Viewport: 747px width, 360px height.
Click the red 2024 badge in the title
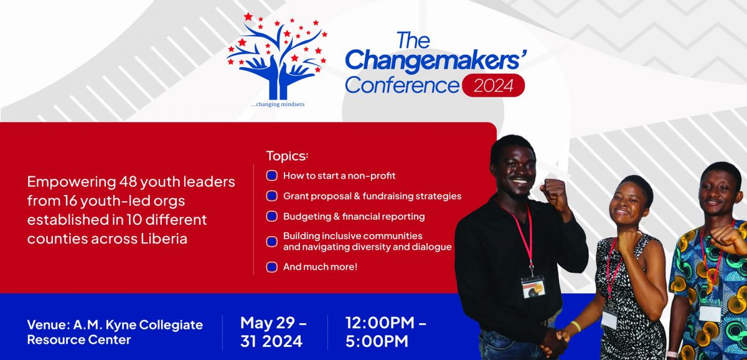[493, 85]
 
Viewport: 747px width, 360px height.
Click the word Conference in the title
[402, 85]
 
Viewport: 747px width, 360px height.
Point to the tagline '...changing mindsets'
[278, 105]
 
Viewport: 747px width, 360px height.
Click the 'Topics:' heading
[287, 156]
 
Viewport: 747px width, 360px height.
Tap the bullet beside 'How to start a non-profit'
[272, 176]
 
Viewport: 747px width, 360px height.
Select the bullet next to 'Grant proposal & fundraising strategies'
[272, 196]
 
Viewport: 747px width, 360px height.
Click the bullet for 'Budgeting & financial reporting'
[272, 216]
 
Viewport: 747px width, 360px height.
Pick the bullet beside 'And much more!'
[272, 267]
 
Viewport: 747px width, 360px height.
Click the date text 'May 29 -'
[273, 323]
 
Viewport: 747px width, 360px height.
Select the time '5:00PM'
[377, 341]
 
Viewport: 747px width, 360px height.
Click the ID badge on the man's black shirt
[533, 287]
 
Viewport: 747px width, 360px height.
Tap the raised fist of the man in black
[554, 194]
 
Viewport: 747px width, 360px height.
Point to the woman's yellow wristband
[576, 326]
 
